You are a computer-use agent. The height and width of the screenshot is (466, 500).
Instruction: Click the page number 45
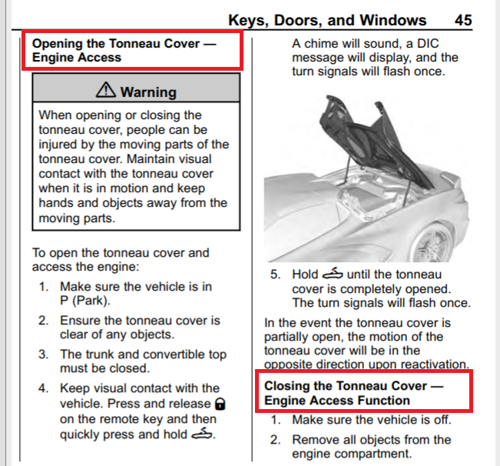pos(484,20)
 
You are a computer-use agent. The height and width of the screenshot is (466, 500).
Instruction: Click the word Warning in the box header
pos(147,92)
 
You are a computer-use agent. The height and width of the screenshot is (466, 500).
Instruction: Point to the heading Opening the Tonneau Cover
pos(124,50)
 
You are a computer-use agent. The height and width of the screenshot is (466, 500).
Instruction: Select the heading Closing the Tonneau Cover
pos(353,393)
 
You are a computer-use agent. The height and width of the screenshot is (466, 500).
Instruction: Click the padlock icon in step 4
pos(220,404)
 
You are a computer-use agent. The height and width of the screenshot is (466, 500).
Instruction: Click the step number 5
pos(274,274)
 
